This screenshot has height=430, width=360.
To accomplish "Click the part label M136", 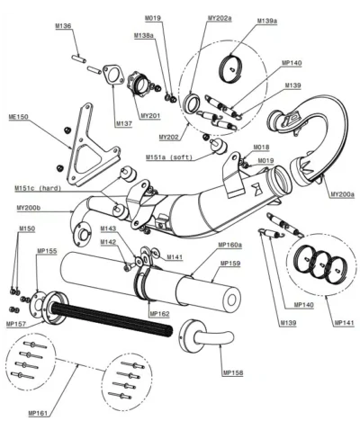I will pyautogui.click(x=87, y=27).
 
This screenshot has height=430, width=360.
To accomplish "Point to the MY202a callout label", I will pyautogui.click(x=194, y=19).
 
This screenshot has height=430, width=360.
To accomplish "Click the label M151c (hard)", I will pyautogui.click(x=37, y=188).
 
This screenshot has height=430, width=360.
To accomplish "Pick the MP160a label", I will pyautogui.click(x=231, y=245).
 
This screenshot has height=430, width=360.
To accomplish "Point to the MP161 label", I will pyautogui.click(x=39, y=412).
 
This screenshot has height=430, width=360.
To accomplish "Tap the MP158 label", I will pyautogui.click(x=232, y=372).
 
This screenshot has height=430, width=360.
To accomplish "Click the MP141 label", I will pyautogui.click(x=344, y=321).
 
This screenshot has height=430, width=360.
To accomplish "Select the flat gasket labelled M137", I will pyautogui.click(x=111, y=76).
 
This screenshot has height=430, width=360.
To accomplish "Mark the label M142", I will pyautogui.click(x=108, y=242).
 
